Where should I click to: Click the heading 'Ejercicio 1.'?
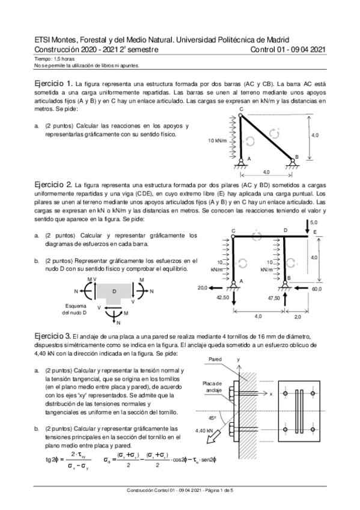[x=54, y=82]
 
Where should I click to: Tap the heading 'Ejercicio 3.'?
[x=54, y=334]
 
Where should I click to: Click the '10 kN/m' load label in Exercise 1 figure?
[x=217, y=141]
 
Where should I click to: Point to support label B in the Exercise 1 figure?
[x=296, y=156]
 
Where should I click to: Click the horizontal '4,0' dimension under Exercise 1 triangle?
[x=266, y=172]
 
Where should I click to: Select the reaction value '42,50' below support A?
[x=223, y=297]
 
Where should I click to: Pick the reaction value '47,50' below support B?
[x=274, y=297]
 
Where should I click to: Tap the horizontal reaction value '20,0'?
[x=203, y=289]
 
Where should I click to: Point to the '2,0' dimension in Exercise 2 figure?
[x=298, y=316]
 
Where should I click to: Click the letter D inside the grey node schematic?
[x=114, y=290]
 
